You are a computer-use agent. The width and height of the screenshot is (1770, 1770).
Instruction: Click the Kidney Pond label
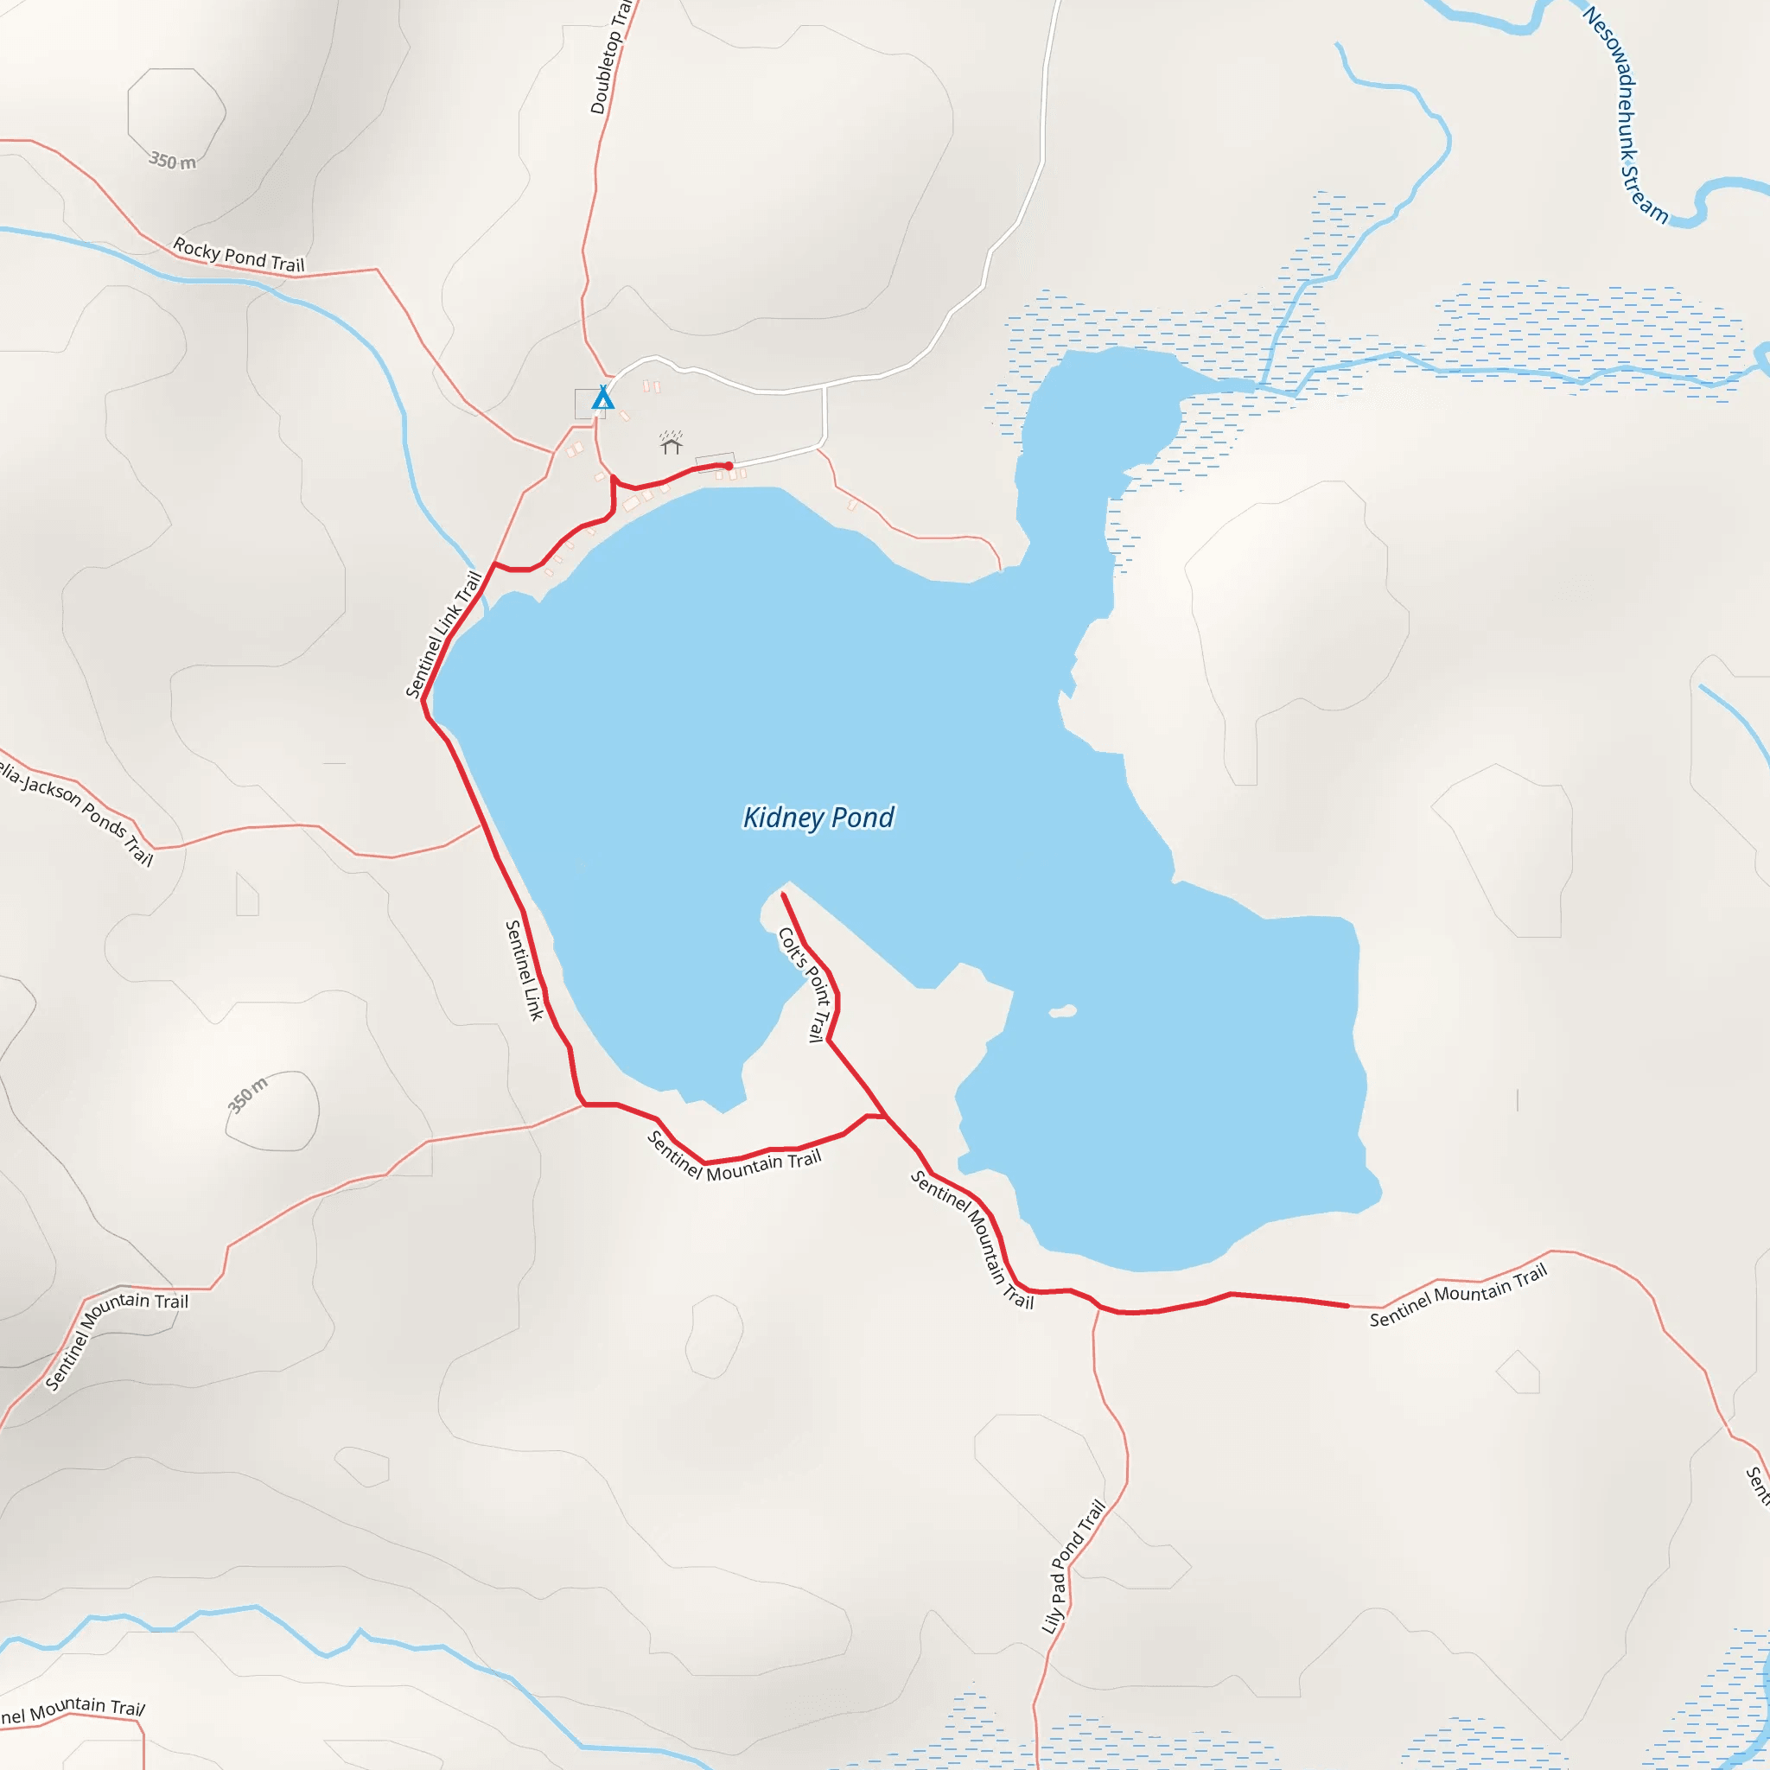(818, 818)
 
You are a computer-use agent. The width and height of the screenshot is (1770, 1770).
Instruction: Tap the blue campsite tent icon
(602, 398)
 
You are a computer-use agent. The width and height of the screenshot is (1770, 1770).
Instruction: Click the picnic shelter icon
(672, 444)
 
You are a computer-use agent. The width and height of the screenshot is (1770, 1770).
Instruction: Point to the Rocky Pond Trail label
(239, 256)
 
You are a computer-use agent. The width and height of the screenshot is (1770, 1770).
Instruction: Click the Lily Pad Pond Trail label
(1073, 1567)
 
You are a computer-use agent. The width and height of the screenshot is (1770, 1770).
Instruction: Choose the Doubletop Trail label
(610, 57)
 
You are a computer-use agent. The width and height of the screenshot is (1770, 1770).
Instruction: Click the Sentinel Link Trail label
(443, 635)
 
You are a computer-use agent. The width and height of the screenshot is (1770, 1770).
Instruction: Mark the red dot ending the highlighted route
(729, 467)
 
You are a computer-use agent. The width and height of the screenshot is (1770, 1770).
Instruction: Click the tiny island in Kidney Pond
(1063, 1011)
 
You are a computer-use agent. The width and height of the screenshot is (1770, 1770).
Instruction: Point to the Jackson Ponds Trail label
(77, 811)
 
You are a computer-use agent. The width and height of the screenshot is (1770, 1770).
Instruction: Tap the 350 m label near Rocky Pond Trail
(172, 162)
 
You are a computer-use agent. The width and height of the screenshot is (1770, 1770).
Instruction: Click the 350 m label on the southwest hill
(247, 1096)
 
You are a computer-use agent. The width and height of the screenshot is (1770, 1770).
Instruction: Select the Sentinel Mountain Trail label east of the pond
(1458, 1295)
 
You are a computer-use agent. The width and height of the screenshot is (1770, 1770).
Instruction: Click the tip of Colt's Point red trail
(782, 895)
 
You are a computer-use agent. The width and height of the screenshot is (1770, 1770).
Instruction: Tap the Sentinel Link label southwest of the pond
(524, 971)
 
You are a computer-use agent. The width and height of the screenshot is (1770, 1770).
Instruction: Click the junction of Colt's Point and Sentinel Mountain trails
(884, 1116)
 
